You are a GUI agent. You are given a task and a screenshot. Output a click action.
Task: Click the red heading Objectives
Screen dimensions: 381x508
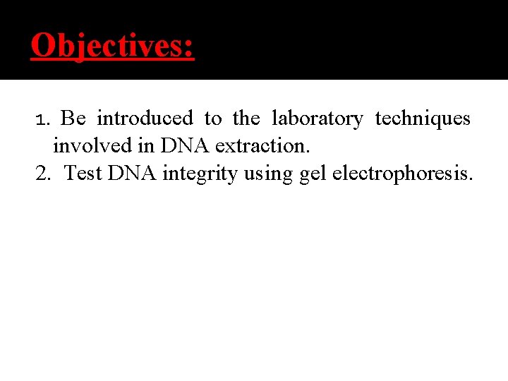pyautogui.click(x=111, y=46)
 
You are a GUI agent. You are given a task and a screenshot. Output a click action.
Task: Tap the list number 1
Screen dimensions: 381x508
pyautogui.click(x=40, y=119)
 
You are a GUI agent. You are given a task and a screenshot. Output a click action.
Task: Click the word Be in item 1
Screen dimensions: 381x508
pyautogui.click(x=73, y=118)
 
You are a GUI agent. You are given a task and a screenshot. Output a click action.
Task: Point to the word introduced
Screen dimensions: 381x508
pyautogui.click(x=145, y=118)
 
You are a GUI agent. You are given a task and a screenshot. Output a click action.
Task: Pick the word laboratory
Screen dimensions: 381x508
pyautogui.click(x=317, y=119)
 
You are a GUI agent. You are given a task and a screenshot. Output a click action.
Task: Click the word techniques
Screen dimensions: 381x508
pyautogui.click(x=423, y=118)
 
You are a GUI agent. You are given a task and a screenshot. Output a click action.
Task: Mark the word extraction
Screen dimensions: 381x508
pyautogui.click(x=262, y=145)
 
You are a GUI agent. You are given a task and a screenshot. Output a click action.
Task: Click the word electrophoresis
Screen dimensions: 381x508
pyautogui.click(x=401, y=174)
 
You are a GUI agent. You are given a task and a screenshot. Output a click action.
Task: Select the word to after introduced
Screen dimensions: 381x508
pyautogui.click(x=212, y=119)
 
